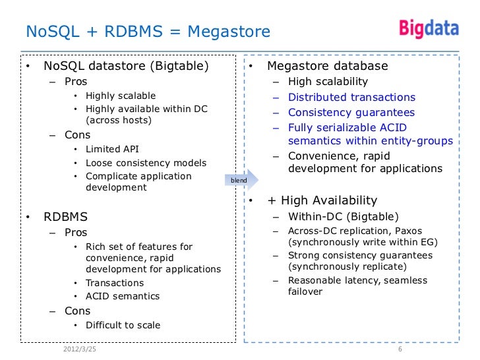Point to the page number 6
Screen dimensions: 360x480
click(400, 349)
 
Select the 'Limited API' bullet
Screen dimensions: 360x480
click(112, 150)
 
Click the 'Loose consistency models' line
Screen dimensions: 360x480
click(146, 163)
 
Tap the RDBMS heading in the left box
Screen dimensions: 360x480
click(65, 216)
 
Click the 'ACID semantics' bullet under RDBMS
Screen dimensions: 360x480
click(123, 296)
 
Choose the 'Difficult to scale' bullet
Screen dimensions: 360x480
click(123, 325)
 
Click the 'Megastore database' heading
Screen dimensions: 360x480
click(327, 66)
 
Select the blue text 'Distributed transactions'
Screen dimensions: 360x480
click(351, 97)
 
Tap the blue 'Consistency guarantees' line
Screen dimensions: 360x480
click(351, 112)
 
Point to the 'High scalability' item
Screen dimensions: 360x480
click(328, 82)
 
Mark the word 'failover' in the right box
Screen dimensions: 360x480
click(305, 291)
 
